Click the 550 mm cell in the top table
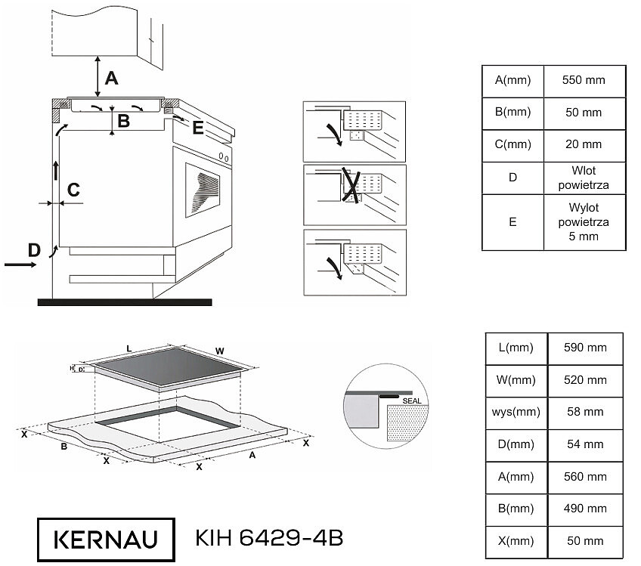[584, 81]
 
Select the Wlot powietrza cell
[584, 178]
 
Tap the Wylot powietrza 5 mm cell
[584, 222]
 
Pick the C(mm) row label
[512, 144]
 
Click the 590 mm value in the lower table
[585, 348]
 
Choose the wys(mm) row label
[516, 412]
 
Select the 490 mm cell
[585, 509]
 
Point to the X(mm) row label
[516, 541]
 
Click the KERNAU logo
[106, 540]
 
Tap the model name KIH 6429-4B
[269, 538]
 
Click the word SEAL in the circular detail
[412, 401]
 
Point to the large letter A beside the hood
[111, 78]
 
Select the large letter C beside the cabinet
[73, 190]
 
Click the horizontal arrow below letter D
[20, 264]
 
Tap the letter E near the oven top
[198, 128]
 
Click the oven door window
[203, 190]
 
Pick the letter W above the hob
[219, 351]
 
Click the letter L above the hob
[129, 348]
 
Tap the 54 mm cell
[585, 444]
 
